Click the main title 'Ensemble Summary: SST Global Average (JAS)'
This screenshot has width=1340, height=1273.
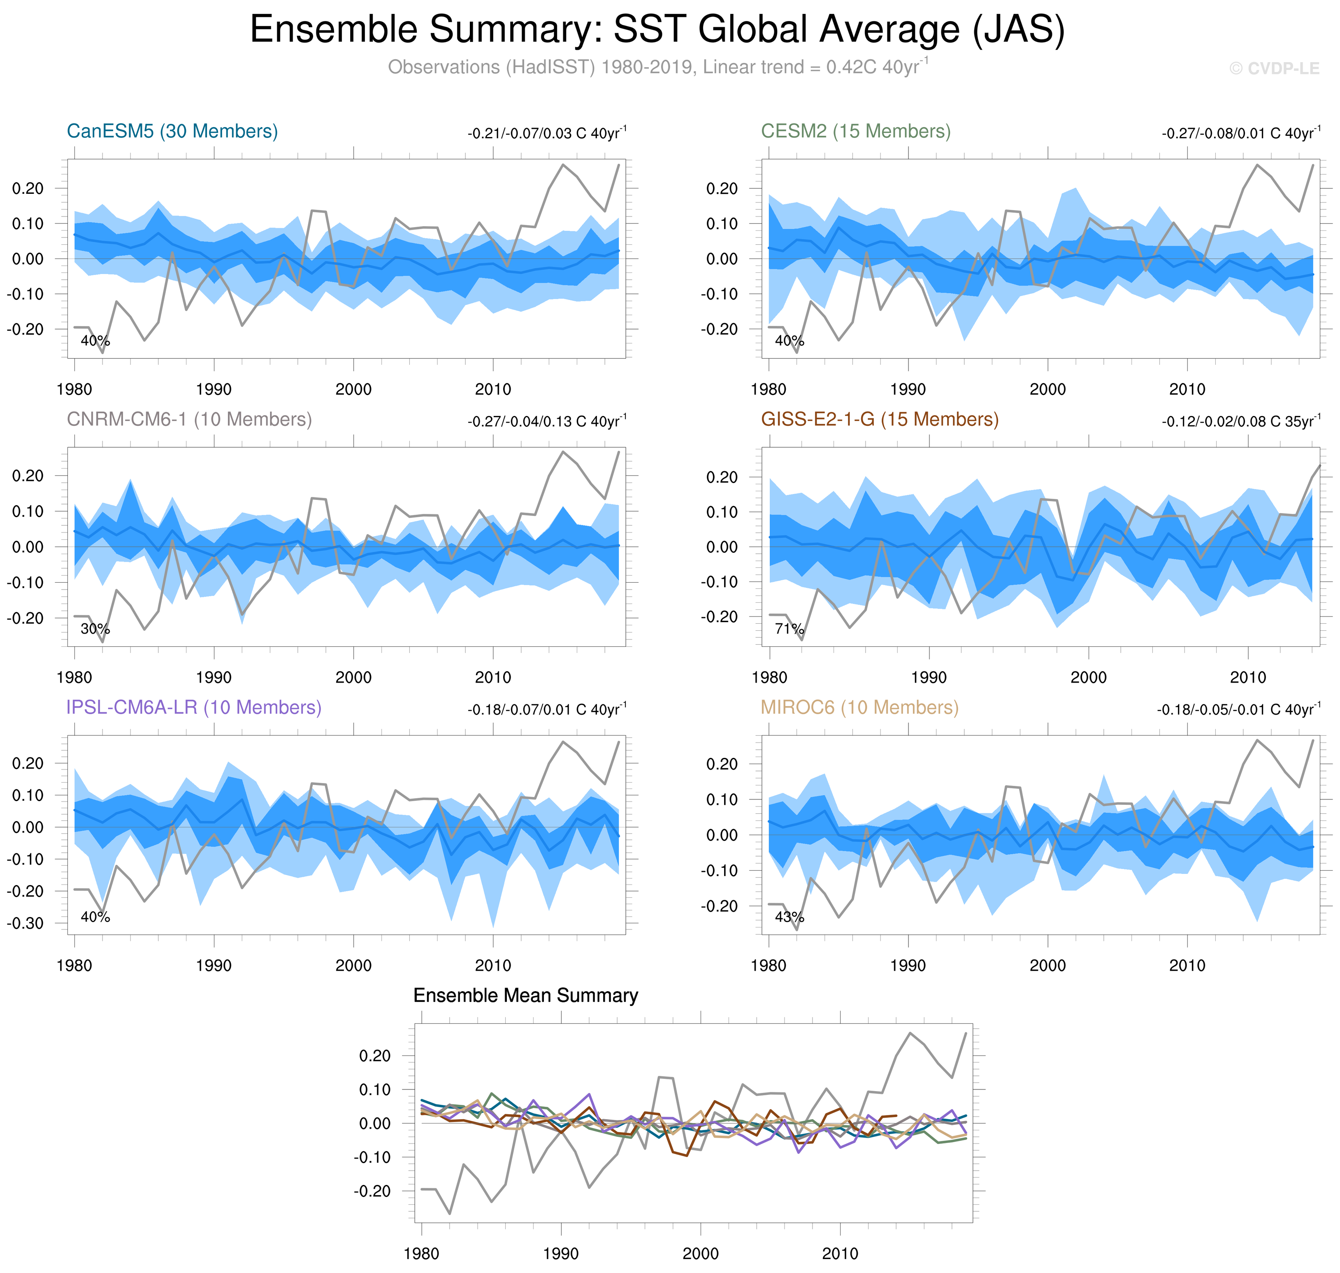click(x=657, y=30)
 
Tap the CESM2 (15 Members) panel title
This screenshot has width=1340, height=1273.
click(x=855, y=131)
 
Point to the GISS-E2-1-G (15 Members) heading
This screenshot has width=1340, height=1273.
click(x=879, y=419)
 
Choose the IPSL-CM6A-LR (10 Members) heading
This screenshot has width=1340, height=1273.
click(x=193, y=707)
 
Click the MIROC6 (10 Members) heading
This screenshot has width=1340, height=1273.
click(x=859, y=707)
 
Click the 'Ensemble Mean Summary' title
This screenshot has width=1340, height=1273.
click(x=525, y=995)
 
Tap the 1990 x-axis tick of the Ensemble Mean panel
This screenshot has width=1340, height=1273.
click(x=560, y=1253)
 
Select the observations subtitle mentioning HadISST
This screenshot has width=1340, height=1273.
click(x=657, y=67)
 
